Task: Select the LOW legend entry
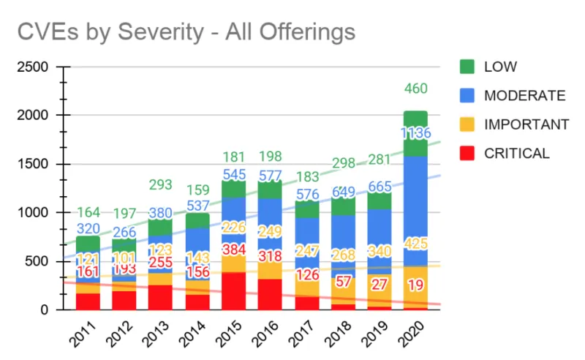pos(500,67)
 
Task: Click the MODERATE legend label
pos(524,96)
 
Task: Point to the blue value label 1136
pos(415,133)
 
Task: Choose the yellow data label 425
pos(415,244)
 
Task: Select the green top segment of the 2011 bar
pos(88,244)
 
